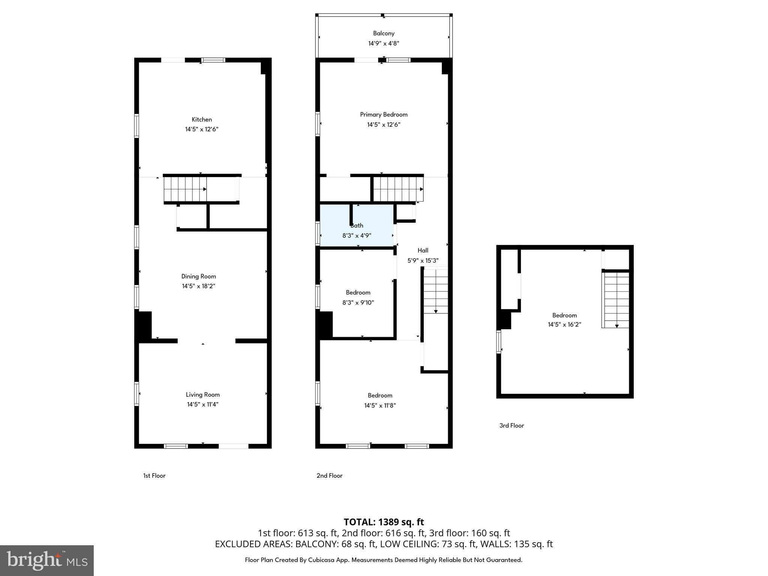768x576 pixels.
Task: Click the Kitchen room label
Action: [202, 119]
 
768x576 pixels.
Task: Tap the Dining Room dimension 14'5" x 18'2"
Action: [198, 286]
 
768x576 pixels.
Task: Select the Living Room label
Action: [202, 394]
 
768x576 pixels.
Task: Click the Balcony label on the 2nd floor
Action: [384, 33]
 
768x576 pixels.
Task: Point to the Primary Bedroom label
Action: [384, 114]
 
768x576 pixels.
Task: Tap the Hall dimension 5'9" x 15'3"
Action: [423, 260]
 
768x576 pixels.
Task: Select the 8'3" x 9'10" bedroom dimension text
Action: [358, 303]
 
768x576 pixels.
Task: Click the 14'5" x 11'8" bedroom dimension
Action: [380, 405]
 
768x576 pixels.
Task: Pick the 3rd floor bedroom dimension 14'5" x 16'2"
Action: [564, 325]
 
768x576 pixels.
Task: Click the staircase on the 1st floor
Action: [185, 189]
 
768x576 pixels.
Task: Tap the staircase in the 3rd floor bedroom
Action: [615, 300]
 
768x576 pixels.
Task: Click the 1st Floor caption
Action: [154, 475]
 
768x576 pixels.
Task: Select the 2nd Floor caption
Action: [329, 475]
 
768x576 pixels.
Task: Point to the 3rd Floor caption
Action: [511, 425]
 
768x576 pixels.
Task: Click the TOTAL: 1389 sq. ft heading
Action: [384, 522]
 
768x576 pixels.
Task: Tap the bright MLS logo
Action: [47, 560]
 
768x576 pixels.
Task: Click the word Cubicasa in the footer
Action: [322, 560]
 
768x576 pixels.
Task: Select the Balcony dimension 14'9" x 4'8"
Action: [384, 43]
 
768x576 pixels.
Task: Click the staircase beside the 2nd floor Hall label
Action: [435, 291]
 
